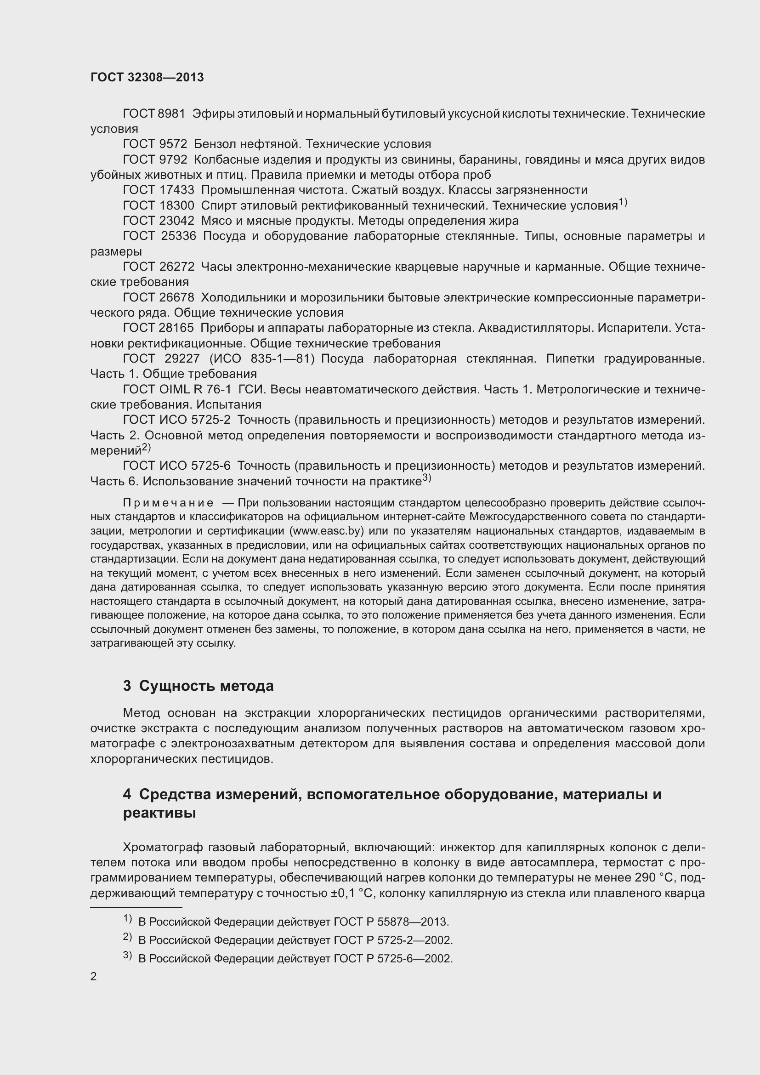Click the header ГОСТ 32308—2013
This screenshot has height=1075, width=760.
point(147,78)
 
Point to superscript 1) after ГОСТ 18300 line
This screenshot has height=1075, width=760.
point(623,203)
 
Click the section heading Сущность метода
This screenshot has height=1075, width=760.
point(206,686)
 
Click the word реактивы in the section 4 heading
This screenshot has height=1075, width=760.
point(159,813)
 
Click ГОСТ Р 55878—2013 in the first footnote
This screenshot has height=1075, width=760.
point(391,922)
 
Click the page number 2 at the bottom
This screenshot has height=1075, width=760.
point(94,977)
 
